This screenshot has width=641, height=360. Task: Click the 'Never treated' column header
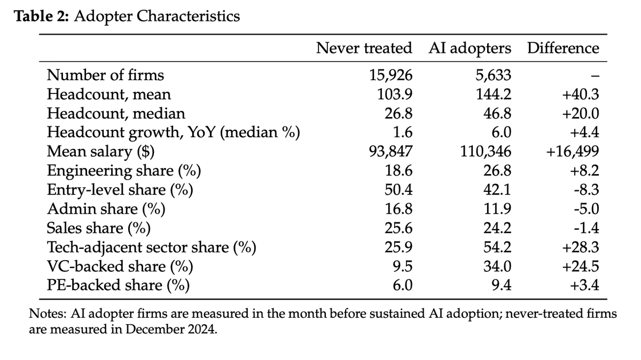coord(364,48)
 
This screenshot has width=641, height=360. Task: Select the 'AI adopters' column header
coord(470,49)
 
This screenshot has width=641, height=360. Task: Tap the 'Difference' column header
coord(563,48)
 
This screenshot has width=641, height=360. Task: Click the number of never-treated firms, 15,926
coord(391,75)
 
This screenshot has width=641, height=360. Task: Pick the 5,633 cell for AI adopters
coord(494,75)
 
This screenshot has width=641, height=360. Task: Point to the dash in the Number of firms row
coord(595,76)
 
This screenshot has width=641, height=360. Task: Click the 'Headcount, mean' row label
coord(109,95)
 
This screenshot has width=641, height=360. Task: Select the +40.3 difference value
coord(581,95)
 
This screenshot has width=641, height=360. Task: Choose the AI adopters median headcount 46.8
coord(497,114)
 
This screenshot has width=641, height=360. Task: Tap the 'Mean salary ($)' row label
coord(101,152)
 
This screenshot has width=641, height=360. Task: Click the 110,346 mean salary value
coord(486,152)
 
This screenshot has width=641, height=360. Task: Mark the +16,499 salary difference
coord(573,152)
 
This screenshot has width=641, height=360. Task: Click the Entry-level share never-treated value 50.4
coord(398,190)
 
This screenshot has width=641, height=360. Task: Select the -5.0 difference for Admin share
coord(587,209)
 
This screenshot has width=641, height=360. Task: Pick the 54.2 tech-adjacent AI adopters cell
coord(497,247)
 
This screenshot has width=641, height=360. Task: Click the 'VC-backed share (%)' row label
coord(120,267)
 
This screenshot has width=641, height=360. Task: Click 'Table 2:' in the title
coord(42,16)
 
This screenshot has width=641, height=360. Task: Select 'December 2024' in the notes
coord(170,330)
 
